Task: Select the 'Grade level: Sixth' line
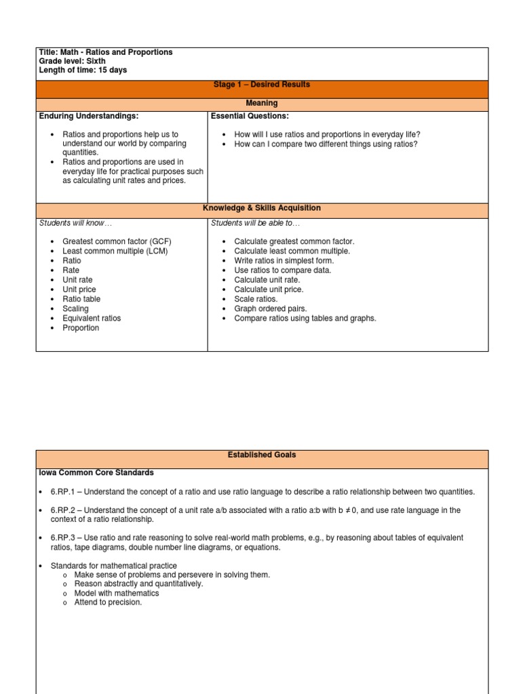72,61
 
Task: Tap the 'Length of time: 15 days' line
83,70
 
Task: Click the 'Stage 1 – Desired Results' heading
262,85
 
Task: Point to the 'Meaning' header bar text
262,103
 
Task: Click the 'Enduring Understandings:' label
89,117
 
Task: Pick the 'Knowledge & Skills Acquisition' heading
262,208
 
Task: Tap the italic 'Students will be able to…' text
255,223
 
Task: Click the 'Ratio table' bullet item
81,299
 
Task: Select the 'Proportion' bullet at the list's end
81,328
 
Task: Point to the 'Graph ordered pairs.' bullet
270,308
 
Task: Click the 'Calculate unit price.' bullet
269,289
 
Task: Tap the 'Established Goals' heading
262,455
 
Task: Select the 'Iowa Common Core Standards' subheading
96,472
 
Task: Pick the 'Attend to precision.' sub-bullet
108,603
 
